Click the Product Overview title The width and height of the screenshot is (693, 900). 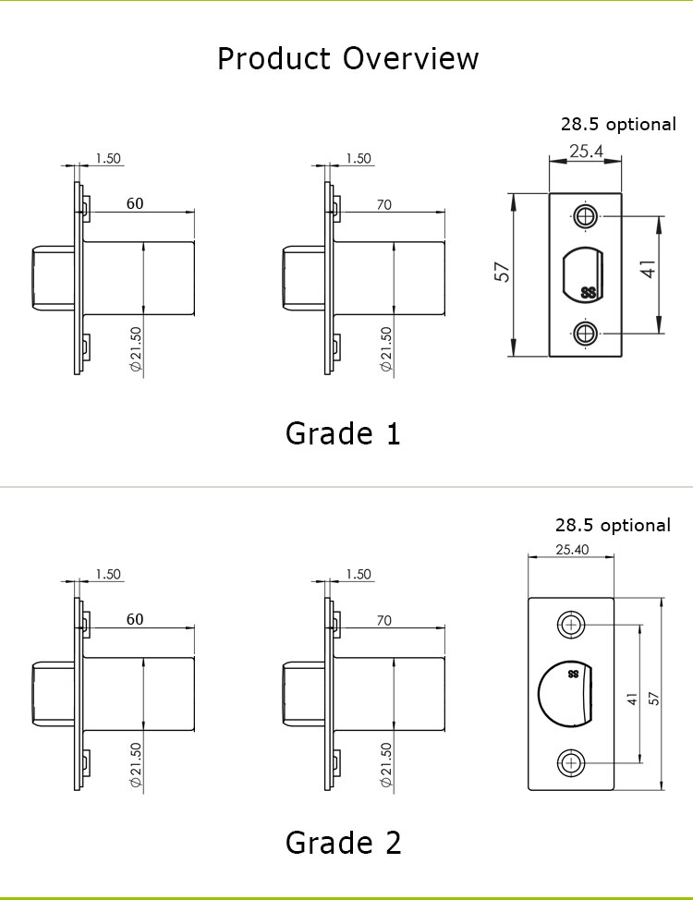[x=347, y=58]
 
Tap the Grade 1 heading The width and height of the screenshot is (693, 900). [x=343, y=433]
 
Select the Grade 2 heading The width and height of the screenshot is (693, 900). [x=344, y=843]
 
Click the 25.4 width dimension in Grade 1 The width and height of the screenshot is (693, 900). [x=586, y=151]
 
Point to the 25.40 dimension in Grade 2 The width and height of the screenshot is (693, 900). [x=572, y=549]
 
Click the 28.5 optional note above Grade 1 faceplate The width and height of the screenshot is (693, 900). [x=618, y=124]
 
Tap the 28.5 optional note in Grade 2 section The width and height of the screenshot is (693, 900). [x=613, y=525]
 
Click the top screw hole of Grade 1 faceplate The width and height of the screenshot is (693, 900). [x=586, y=217]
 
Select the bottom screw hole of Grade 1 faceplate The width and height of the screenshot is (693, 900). [x=586, y=333]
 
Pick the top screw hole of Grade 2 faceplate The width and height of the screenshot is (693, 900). [x=571, y=625]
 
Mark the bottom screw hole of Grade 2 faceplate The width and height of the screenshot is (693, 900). [x=571, y=763]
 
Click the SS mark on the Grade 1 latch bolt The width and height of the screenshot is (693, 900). [x=588, y=293]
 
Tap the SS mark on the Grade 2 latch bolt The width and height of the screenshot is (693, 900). [x=573, y=674]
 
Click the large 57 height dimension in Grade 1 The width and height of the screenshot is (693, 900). [x=502, y=272]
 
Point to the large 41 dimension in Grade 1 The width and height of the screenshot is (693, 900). [x=648, y=269]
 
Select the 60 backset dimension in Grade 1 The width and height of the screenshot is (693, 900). [x=135, y=203]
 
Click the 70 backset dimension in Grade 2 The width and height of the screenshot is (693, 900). [x=384, y=620]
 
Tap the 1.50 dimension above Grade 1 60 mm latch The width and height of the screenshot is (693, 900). [x=108, y=158]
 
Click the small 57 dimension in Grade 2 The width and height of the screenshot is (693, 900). [x=653, y=698]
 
